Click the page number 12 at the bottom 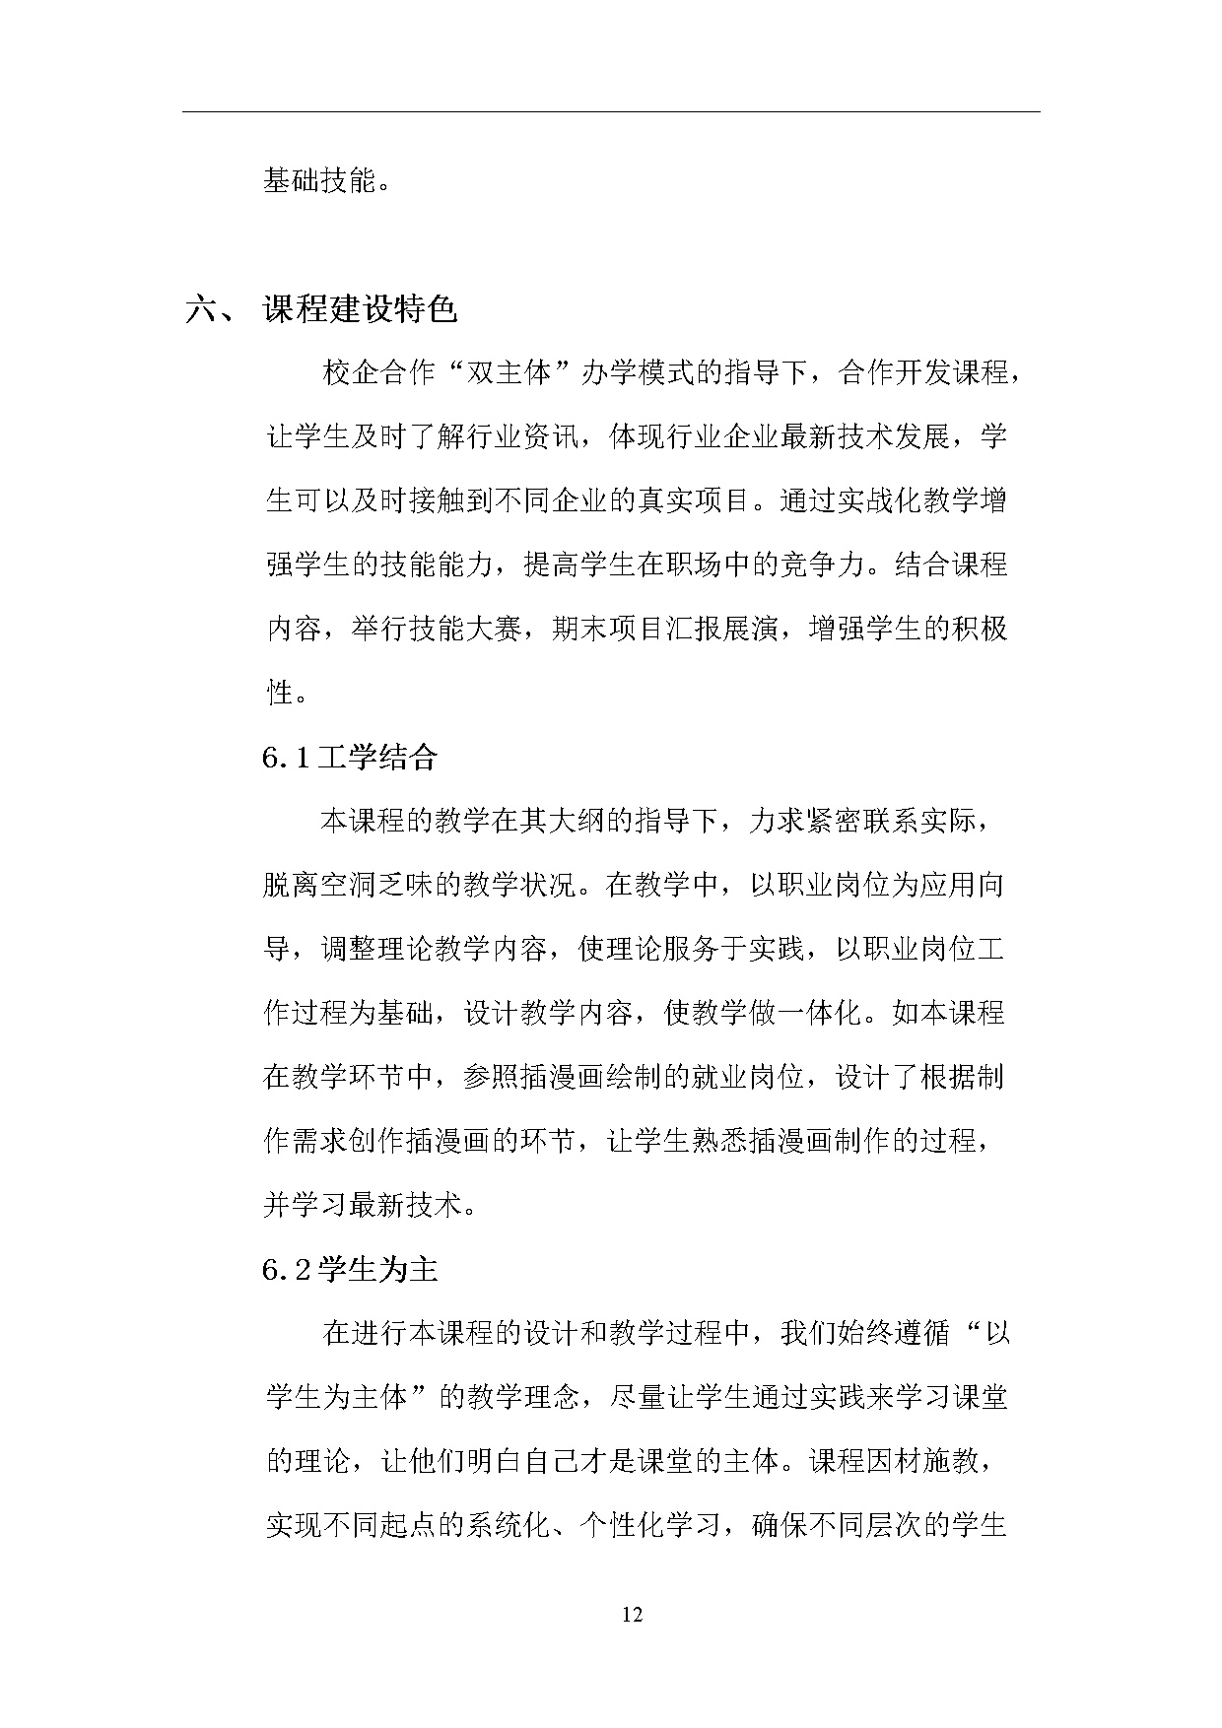coord(633,1614)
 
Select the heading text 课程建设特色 coord(361,309)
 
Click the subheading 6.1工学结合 coord(350,757)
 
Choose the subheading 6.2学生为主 coord(350,1269)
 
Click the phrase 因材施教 coord(921,1461)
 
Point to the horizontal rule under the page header coord(611,111)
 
